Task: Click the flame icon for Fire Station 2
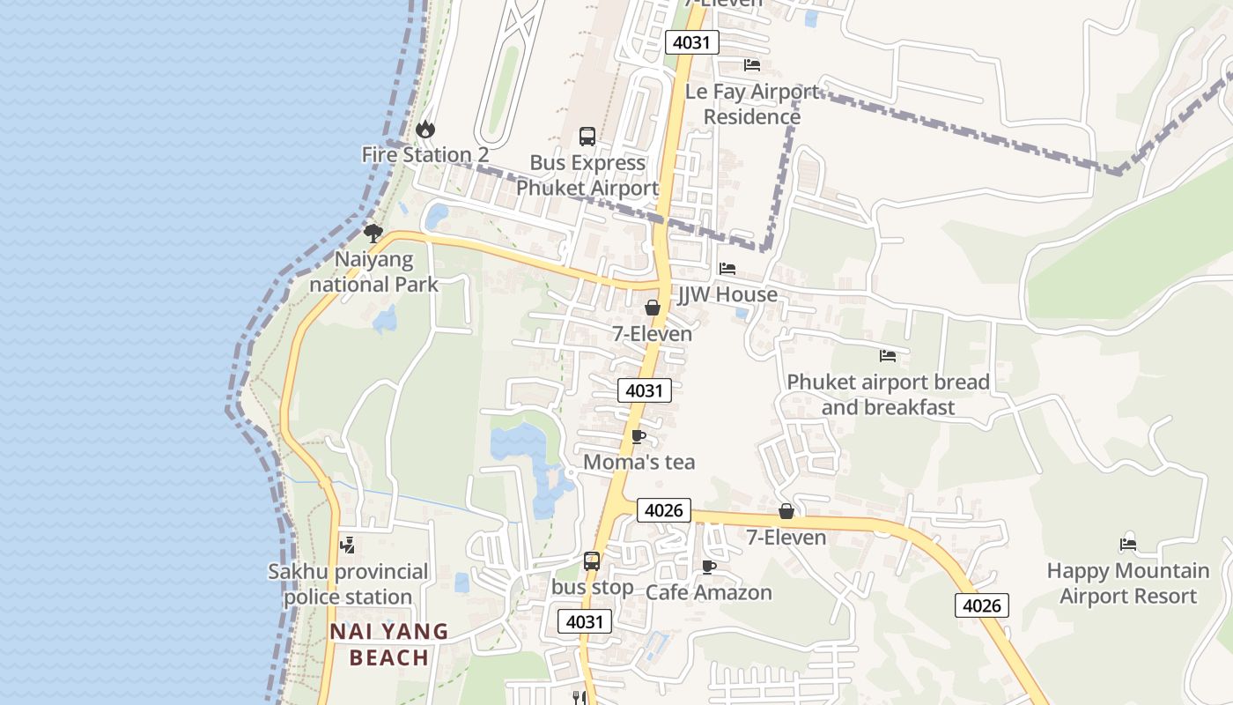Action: click(425, 130)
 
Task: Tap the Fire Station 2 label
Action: click(425, 155)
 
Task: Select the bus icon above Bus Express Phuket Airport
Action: click(587, 137)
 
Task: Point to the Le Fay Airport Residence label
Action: click(752, 104)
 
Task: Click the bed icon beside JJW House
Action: click(727, 269)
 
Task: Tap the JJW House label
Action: click(727, 294)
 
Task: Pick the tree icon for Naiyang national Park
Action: click(373, 234)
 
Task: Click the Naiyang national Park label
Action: click(374, 271)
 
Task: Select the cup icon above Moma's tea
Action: click(639, 437)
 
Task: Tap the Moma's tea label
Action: click(639, 462)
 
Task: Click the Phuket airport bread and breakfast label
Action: click(888, 395)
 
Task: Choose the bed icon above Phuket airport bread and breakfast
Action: click(888, 356)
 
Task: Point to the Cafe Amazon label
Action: click(709, 592)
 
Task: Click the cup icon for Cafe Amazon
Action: click(709, 567)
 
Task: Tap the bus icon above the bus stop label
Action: click(592, 561)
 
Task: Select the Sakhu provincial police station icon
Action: click(348, 545)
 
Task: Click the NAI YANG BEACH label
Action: click(389, 644)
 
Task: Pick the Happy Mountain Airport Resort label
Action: click(1128, 583)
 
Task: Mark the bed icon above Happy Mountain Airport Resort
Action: click(1128, 545)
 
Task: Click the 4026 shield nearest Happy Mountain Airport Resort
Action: click(981, 605)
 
